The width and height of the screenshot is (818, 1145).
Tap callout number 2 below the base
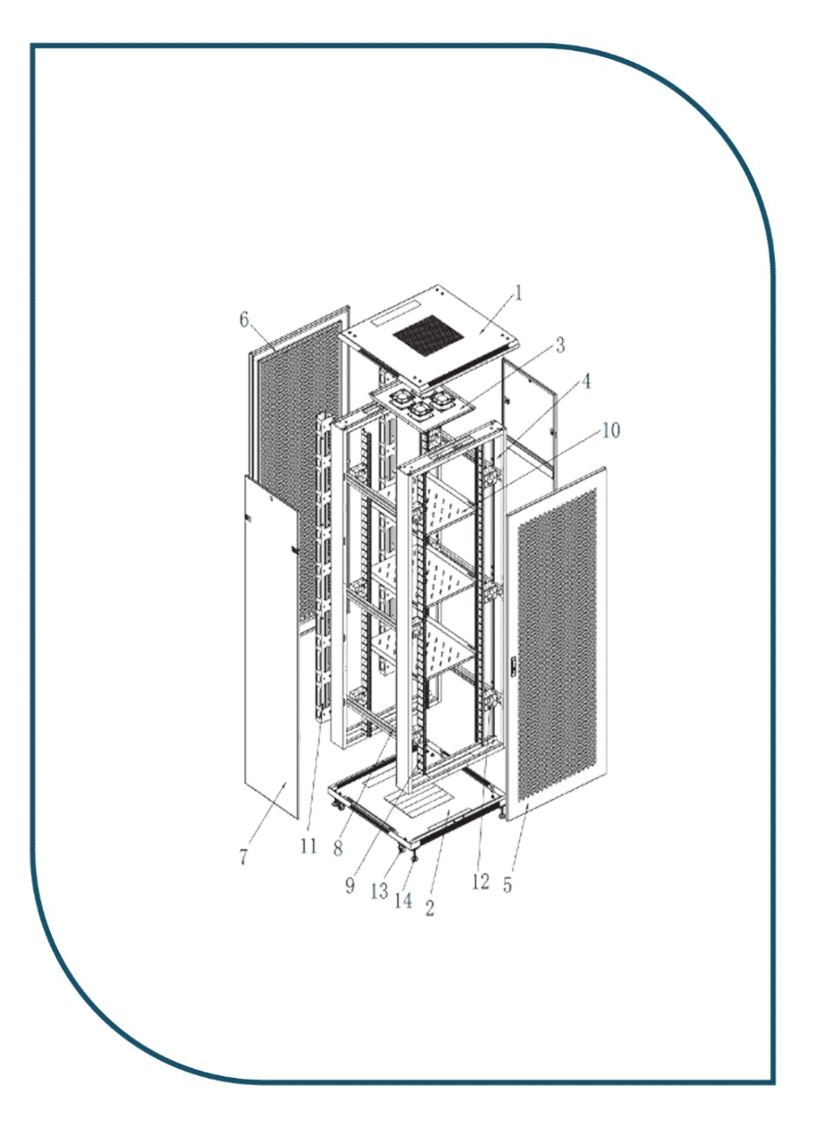[430, 909]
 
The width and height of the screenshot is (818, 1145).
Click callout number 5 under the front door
[507, 886]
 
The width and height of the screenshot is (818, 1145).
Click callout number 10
[610, 430]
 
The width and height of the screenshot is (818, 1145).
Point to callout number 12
[481, 882]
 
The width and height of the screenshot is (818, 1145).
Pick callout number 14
[405, 901]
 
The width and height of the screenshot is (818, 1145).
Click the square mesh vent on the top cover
[431, 336]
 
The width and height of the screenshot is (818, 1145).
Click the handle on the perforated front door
[514, 666]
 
